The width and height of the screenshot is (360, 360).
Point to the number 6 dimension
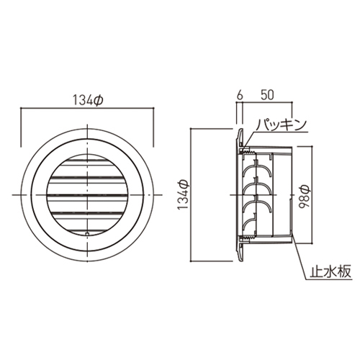(x=238, y=94)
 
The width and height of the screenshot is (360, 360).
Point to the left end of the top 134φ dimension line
(x=22, y=109)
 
